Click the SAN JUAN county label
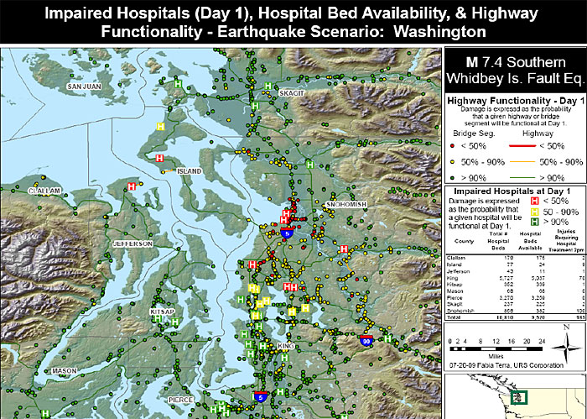pyautogui.click(x=85, y=86)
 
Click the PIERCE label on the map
pyautogui.click(x=180, y=401)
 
